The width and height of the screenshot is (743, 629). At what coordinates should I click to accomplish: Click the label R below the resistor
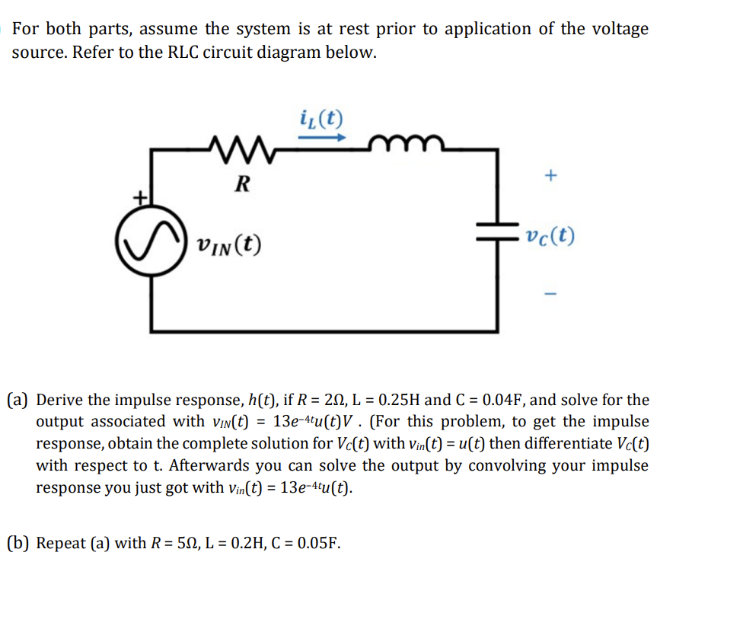(241, 184)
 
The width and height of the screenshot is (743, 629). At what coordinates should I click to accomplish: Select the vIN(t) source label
(228, 245)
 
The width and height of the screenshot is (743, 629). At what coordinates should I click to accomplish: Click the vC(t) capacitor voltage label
(550, 236)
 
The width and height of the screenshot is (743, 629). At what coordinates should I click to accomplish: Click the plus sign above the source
(140, 197)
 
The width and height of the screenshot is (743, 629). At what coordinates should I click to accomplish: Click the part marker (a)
(19, 400)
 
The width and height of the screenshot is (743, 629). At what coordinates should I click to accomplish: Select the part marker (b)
(19, 544)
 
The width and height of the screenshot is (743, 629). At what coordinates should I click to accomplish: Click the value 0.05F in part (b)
(317, 544)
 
